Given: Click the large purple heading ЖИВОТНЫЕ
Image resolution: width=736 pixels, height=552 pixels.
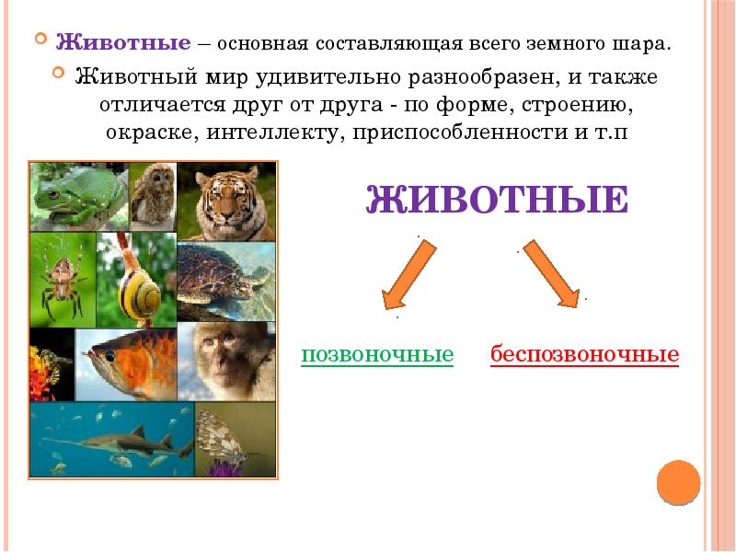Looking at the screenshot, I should tap(497, 200).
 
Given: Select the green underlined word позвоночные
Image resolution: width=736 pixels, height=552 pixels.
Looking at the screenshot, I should tap(377, 355).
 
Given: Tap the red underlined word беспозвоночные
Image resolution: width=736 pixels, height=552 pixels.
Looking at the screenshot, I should tap(584, 355).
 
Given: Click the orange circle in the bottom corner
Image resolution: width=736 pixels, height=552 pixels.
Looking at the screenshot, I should tap(679, 483).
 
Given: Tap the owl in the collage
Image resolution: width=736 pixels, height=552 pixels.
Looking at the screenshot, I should tap(152, 195).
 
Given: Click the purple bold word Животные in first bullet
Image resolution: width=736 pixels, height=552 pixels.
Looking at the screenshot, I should tap(123, 42).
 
